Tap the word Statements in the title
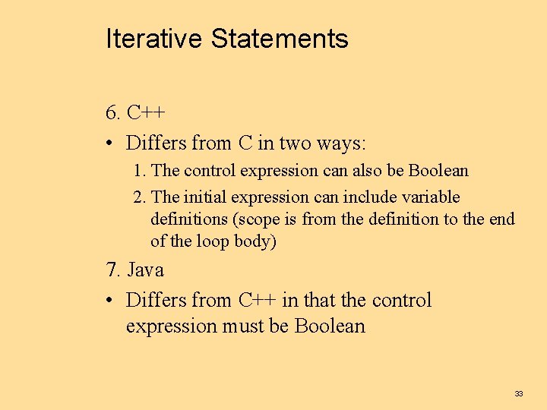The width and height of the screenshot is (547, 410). click(x=279, y=38)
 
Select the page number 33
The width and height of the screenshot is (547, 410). click(x=519, y=393)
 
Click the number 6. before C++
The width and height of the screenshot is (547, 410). click(x=113, y=113)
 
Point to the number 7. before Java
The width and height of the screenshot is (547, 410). click(x=113, y=270)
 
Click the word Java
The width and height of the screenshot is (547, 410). click(x=145, y=270)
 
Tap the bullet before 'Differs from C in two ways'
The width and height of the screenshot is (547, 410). click(x=111, y=143)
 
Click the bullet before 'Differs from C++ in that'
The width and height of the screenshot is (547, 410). click(x=111, y=301)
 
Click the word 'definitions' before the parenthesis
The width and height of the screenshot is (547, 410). click(x=190, y=219)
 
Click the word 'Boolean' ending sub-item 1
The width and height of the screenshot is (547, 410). click(x=438, y=170)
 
